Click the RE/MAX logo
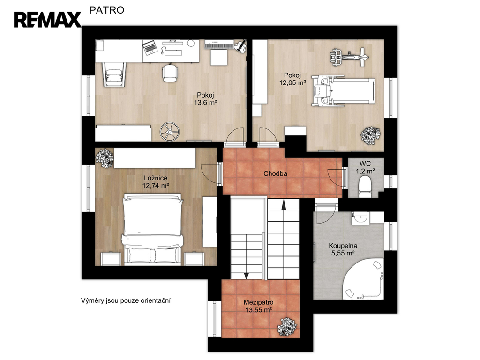point(47,20)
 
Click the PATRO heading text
point(107,10)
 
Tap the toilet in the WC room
point(365,186)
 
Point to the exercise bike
point(349,57)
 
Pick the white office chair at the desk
point(170,73)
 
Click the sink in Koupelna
point(360,218)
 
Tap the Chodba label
point(275,173)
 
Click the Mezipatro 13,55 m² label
point(259,306)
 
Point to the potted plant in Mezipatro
point(287,327)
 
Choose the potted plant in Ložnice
point(105,157)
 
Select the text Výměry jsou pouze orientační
point(126,300)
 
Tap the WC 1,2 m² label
point(365,167)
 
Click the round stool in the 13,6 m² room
point(169,132)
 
